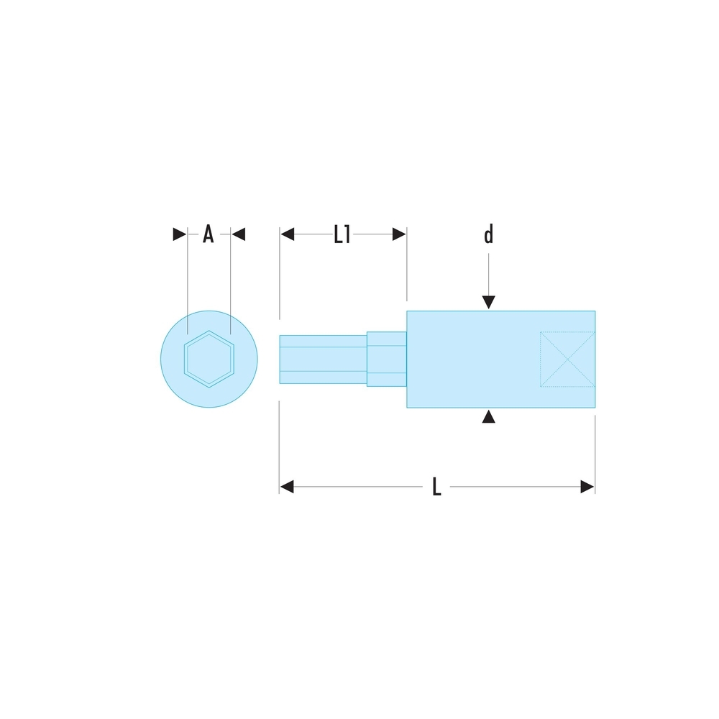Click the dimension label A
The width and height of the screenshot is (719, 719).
tap(208, 234)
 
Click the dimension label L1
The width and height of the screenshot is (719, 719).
tap(342, 234)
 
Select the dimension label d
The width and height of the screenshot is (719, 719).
tap(488, 235)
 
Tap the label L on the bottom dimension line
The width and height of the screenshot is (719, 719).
tap(436, 487)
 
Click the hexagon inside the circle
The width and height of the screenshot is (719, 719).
tap(209, 358)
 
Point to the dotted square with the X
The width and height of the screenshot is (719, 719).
tap(567, 359)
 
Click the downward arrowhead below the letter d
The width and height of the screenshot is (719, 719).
tap(488, 302)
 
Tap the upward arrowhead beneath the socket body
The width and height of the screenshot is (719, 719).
tap(488, 416)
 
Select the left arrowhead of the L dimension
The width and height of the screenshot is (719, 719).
tap(287, 487)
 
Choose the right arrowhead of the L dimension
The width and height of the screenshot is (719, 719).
tap(587, 487)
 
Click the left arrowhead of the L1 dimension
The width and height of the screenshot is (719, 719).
tap(288, 234)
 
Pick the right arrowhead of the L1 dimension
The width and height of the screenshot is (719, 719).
tap(398, 234)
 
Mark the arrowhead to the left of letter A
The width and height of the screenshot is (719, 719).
tap(179, 234)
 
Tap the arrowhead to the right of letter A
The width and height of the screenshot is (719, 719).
tap(239, 234)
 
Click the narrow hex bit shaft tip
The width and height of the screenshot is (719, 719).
tap(322, 359)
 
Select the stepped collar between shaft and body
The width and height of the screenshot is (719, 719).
tap(387, 359)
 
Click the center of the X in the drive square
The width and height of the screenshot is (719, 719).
tap(567, 359)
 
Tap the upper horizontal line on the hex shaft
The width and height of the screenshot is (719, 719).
tap(322, 347)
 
